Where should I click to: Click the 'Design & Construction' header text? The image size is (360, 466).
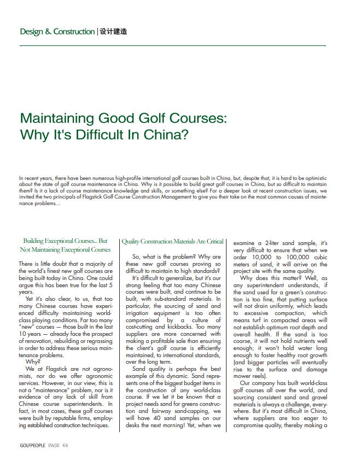(x=57, y=32)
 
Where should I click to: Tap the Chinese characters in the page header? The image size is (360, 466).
(x=114, y=32)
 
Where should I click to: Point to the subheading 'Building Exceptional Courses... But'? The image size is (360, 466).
(x=65, y=241)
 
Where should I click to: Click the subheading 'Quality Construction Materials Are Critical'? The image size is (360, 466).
(x=173, y=241)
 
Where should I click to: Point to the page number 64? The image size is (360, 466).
(x=65, y=446)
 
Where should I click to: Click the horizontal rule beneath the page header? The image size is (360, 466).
(x=172, y=46)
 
